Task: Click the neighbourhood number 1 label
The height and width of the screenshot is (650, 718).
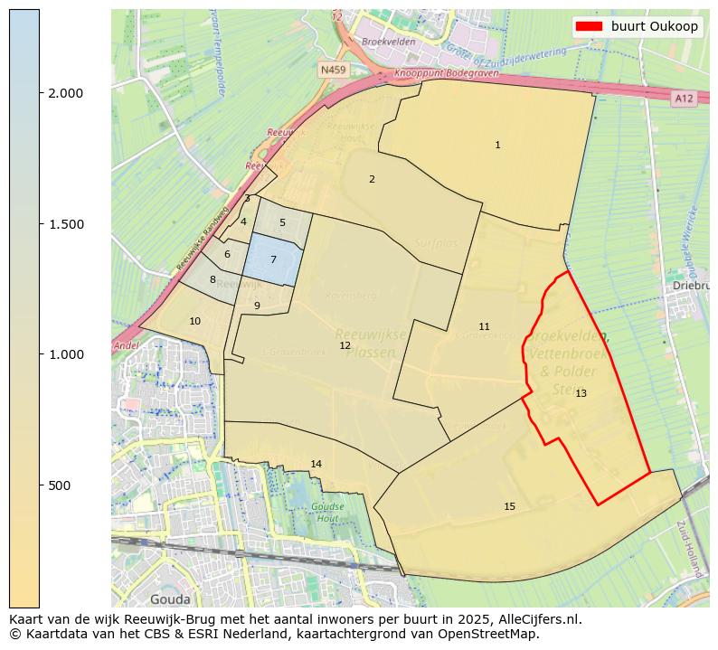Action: (x=497, y=145)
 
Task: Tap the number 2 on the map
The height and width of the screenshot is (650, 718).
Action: (x=372, y=179)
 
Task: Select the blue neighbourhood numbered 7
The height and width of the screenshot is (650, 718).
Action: (x=273, y=259)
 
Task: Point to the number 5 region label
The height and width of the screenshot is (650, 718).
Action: (x=282, y=222)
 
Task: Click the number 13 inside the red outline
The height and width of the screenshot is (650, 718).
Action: (x=581, y=393)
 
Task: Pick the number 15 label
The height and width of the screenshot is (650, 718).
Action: (x=509, y=506)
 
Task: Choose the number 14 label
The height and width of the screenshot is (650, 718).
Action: (x=316, y=464)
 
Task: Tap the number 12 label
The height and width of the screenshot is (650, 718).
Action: (x=345, y=345)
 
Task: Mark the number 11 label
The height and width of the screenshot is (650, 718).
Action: (x=484, y=326)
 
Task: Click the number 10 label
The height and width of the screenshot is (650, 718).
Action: (x=194, y=321)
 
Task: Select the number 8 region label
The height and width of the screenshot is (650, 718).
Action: (x=213, y=279)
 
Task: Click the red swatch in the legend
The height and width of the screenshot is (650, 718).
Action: (x=589, y=27)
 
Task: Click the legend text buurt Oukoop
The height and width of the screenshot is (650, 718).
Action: (x=654, y=27)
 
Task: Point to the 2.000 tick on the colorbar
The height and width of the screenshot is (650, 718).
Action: (x=65, y=93)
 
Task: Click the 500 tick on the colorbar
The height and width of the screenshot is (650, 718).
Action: (x=60, y=485)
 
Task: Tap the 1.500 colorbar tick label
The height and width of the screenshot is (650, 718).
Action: (x=65, y=224)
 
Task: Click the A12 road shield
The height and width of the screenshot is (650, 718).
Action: (x=684, y=98)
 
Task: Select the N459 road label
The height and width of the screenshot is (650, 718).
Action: (x=333, y=69)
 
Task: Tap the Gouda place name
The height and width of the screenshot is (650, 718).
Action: (x=170, y=599)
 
